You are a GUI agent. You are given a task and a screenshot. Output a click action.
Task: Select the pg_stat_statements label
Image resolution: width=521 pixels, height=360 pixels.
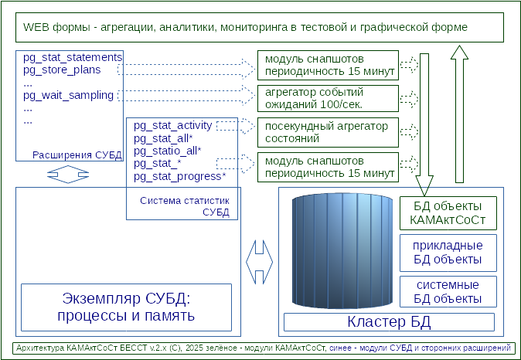pyautogui.click(x=73, y=58)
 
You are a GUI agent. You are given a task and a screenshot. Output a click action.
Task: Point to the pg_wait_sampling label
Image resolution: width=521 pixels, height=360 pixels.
pyautogui.click(x=68, y=96)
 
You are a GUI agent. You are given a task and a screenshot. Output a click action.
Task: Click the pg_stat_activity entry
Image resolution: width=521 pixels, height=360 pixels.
pyautogui.click(x=172, y=125)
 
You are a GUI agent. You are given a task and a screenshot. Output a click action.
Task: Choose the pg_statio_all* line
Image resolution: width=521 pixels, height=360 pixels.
pyautogui.click(x=168, y=151)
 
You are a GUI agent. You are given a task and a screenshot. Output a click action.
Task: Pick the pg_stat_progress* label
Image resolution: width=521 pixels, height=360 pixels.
pyautogui.click(x=180, y=176)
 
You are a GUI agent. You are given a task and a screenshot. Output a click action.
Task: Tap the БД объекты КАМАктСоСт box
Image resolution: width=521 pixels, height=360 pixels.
pyautogui.click(x=448, y=213)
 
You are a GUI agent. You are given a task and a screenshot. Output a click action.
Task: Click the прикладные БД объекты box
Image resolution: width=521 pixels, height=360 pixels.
pyautogui.click(x=448, y=253)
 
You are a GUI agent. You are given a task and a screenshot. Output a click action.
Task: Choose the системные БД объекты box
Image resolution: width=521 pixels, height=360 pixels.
pyautogui.click(x=448, y=291)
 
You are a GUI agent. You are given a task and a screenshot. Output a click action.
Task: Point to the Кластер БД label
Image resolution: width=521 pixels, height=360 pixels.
pyautogui.click(x=389, y=321)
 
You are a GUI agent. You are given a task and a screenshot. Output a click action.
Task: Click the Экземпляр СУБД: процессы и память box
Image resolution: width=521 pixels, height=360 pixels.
pyautogui.click(x=126, y=307)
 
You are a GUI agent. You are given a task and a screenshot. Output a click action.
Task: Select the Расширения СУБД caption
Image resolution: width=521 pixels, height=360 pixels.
pyautogui.click(x=77, y=155)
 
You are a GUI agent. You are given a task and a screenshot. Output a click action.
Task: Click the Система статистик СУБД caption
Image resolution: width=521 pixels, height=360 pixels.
pyautogui.click(x=186, y=206)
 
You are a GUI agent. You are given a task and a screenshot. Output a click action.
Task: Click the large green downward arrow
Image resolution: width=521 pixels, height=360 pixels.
pyautogui.click(x=424, y=124)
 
